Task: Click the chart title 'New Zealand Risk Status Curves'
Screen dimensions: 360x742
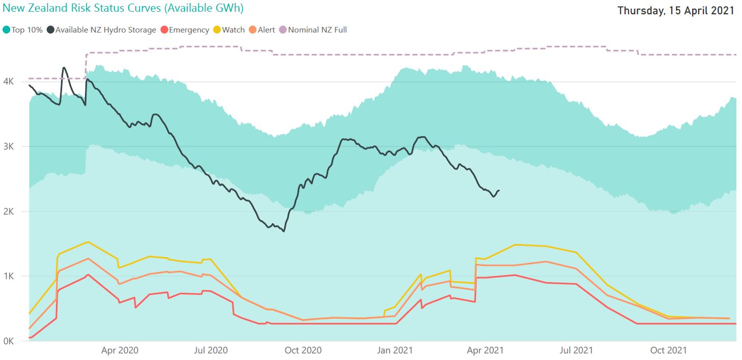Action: click(x=122, y=8)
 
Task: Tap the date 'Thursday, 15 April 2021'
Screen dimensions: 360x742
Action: click(x=676, y=11)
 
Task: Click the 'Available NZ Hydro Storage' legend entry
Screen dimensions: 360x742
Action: click(x=101, y=30)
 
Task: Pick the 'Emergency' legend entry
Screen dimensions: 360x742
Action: click(x=184, y=30)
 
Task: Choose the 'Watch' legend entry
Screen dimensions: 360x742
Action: click(x=229, y=30)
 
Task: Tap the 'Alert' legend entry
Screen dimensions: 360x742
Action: click(x=262, y=30)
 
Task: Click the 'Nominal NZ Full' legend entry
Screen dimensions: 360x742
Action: click(x=313, y=30)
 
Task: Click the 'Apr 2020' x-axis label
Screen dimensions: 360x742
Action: click(x=120, y=350)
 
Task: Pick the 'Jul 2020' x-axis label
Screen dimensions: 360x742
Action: click(x=211, y=350)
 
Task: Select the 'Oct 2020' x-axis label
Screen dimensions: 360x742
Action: click(x=303, y=350)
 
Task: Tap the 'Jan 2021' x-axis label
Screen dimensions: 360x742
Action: click(x=395, y=350)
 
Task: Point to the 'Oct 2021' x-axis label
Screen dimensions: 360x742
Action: click(x=669, y=350)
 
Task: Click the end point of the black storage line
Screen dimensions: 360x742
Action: click(x=499, y=191)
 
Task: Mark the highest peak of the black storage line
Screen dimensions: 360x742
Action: click(x=64, y=68)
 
